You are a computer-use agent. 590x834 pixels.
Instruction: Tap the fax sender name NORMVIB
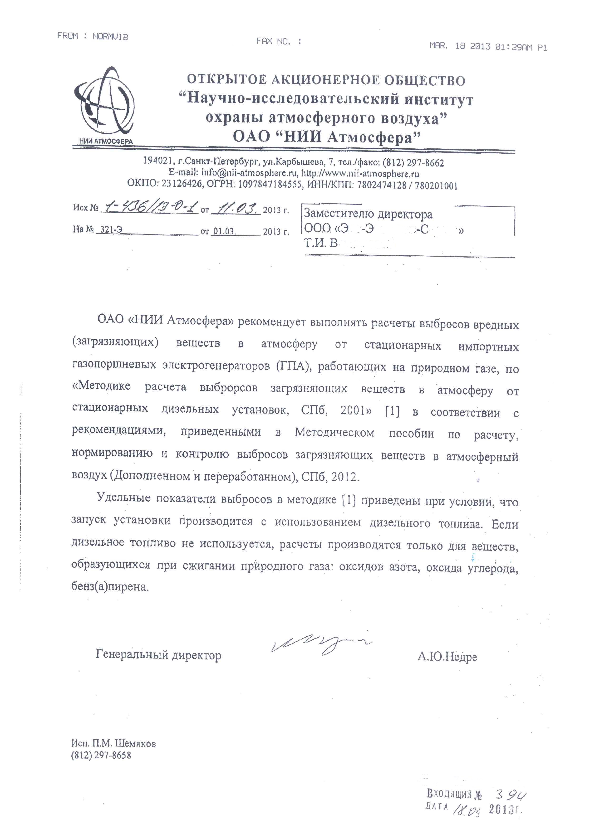coord(110,37)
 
